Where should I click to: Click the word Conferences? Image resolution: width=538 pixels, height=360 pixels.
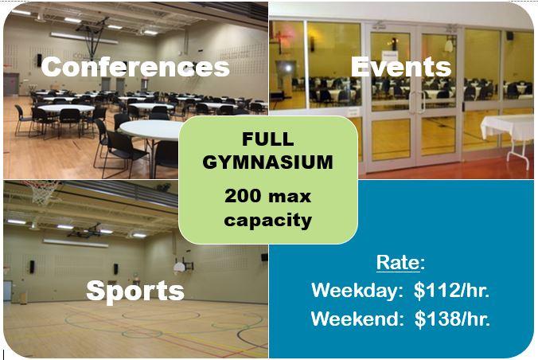tap(135, 67)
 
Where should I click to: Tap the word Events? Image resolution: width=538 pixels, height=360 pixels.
tap(401, 67)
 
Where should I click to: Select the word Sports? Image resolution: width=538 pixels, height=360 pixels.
tap(135, 292)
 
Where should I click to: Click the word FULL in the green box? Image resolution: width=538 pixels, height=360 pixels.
tap(268, 139)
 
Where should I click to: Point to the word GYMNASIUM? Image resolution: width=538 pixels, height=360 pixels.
tap(268, 162)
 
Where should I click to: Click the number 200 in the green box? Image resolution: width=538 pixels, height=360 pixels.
tap(243, 196)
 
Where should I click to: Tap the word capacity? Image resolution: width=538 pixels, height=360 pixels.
tap(268, 221)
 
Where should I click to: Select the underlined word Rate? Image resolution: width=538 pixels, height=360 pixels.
tap(398, 263)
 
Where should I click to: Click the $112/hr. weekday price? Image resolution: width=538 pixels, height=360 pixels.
tap(451, 290)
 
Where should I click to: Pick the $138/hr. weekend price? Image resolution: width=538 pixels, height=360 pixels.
tap(452, 319)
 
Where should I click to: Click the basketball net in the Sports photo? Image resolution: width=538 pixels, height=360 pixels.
tap(42, 193)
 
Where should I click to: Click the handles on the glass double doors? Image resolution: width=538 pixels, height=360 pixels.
tap(417, 102)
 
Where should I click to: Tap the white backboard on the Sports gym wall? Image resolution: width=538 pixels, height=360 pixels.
tap(179, 268)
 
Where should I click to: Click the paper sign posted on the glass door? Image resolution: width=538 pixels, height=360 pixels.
tap(389, 56)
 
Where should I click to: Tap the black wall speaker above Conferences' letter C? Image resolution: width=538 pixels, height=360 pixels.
tap(39, 60)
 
